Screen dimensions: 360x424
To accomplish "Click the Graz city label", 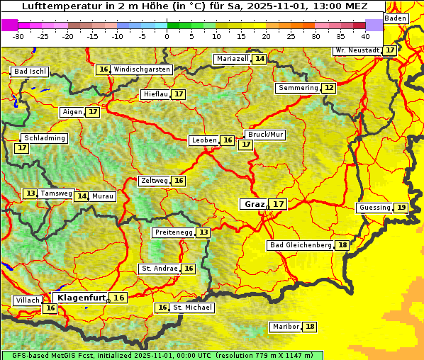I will pos(254,204).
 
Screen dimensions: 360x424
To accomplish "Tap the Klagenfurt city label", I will pos(82,298).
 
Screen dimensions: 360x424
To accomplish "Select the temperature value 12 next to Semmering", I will pos(328,88).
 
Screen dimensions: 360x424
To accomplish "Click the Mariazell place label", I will pos(233,58).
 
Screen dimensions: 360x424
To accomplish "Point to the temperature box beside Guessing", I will pos(401,208).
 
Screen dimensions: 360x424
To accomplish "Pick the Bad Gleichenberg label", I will pos(301,245).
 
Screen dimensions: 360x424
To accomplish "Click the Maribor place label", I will pos(285,327).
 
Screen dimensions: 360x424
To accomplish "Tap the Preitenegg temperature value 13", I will pos(203,232).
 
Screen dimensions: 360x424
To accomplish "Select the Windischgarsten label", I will pos(142,69).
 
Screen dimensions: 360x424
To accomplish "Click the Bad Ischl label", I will pos(30,72).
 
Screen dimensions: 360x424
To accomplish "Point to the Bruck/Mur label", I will pos(265,134).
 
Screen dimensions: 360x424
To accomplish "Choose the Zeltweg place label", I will pos(155,181).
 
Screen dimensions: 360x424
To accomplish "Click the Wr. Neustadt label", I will pos(357,50).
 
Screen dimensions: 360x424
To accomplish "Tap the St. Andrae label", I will pos(159,269).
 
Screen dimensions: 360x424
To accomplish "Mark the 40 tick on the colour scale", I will pos(364,36).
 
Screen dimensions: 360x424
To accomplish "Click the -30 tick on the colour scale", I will pos(18,36).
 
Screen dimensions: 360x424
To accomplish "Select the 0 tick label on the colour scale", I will pos(167,36).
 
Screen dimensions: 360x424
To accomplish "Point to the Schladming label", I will pos(44,138).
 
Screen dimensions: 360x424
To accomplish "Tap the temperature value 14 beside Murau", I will pos(82,196).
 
